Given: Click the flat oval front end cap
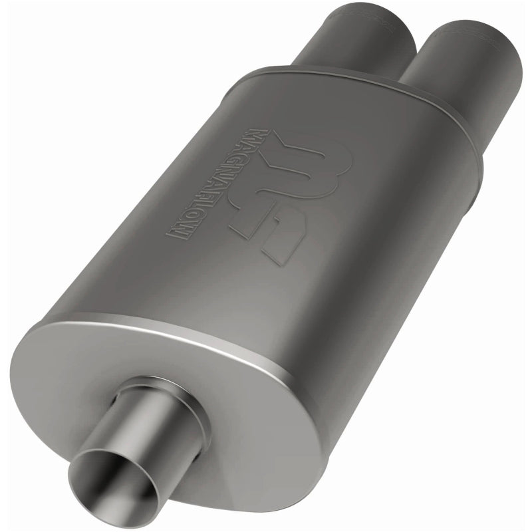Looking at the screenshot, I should (x=219, y=399).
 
